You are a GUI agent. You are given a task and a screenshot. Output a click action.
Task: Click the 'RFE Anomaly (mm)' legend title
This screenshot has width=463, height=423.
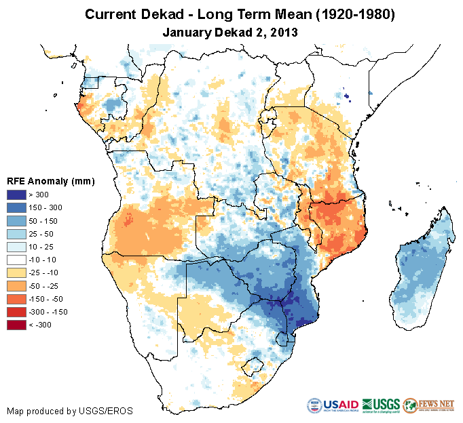pyautogui.click(x=50, y=181)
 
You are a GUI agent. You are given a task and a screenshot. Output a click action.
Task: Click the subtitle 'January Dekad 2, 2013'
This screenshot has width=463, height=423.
pyautogui.click(x=231, y=32)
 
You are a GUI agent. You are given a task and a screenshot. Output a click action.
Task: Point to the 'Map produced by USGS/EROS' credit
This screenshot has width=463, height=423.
pyautogui.click(x=70, y=411)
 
